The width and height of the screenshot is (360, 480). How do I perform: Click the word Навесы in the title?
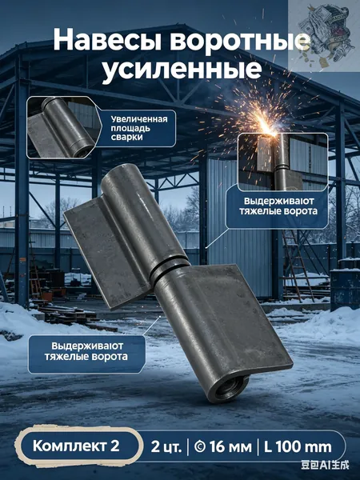pyautogui.click(x=108, y=40)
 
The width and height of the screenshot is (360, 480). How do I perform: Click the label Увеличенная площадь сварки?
pyautogui.click(x=139, y=128)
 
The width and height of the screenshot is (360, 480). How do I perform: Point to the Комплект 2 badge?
pyautogui.click(x=76, y=446)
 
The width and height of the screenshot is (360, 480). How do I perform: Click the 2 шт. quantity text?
pyautogui.click(x=166, y=447)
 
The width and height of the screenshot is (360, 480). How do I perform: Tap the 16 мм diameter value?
pyautogui.click(x=223, y=447)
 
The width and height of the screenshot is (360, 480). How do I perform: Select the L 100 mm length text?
pyautogui.click(x=298, y=447)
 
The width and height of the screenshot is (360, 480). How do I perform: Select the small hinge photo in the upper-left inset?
pyautogui.click(x=62, y=127)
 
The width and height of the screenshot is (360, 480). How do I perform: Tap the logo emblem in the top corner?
pyautogui.click(x=324, y=36)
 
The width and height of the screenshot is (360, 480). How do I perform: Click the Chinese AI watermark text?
pyautogui.click(x=325, y=466)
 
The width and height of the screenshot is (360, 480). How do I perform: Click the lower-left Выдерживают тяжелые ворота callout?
pyautogui.click(x=86, y=351)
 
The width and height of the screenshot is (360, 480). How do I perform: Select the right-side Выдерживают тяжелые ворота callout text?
pyautogui.click(x=278, y=206)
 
